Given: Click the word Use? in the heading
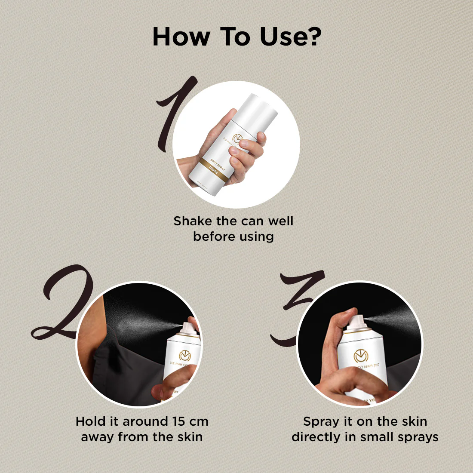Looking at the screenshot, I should click(x=290, y=37).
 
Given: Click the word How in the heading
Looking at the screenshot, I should click(x=181, y=37).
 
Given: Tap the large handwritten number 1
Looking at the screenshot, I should click(x=174, y=114).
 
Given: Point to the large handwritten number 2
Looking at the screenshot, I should click(x=64, y=303).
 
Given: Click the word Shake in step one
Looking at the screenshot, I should click(x=193, y=221).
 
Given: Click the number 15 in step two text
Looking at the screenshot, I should click(x=181, y=421).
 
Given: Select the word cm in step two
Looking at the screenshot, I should click(x=199, y=421).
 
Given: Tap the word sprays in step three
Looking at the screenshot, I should click(x=418, y=437).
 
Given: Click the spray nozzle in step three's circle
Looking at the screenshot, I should click(x=358, y=320).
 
